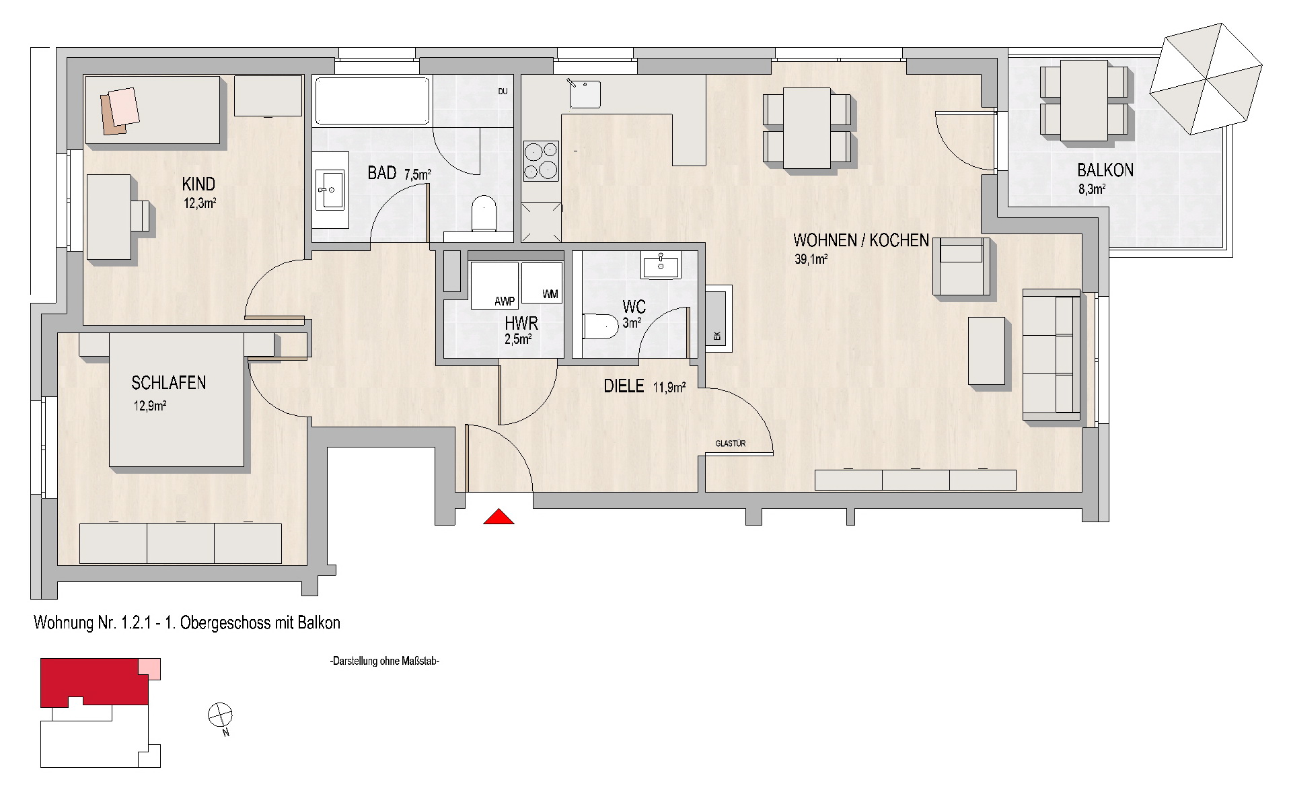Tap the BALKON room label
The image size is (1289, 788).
(1105, 170)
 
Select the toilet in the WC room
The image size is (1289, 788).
(600, 326)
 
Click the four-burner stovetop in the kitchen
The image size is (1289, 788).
(542, 161)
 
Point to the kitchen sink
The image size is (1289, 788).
(585, 94)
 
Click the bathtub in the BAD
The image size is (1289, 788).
(372, 101)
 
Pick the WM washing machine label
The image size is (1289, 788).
(550, 295)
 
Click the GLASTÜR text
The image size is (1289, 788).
(731, 443)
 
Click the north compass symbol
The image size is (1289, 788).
(220, 715)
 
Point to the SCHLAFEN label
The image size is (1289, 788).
(168, 383)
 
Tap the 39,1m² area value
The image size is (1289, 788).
(811, 260)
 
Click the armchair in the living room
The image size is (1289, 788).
(961, 266)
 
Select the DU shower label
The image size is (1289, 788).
(503, 92)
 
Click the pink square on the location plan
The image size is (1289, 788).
(149, 669)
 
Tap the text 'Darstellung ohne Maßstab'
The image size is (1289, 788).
(385, 662)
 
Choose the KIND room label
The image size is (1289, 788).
(198, 184)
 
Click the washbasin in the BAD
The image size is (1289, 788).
(330, 189)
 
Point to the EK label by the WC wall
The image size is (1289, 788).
(717, 336)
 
